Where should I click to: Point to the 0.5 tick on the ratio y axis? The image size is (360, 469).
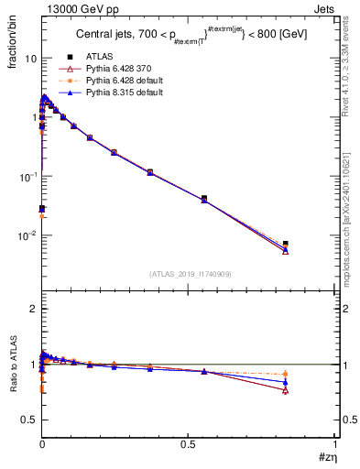29,420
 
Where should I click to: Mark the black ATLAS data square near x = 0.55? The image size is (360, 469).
204,198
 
